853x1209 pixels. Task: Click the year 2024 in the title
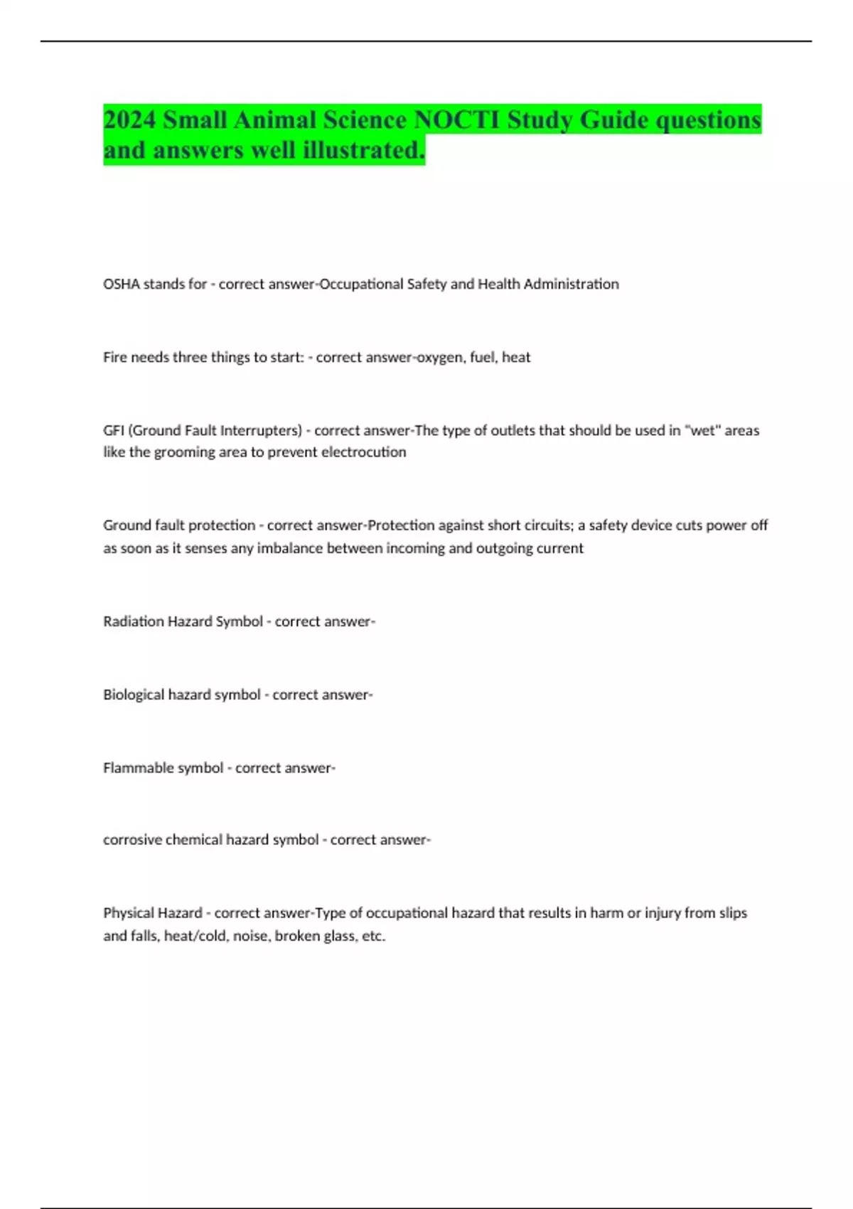pos(129,119)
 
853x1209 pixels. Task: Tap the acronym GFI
pos(113,431)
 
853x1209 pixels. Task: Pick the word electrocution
pos(363,452)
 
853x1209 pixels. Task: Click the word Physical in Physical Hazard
pos(127,913)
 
